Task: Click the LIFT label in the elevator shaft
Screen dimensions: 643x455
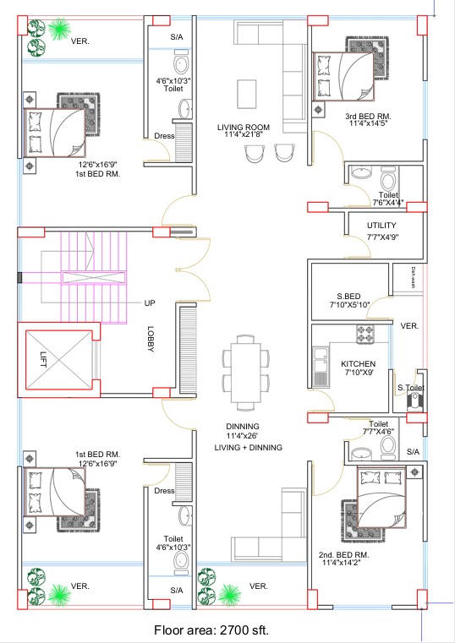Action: [44, 359]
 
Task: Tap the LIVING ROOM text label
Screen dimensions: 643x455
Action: [243, 127]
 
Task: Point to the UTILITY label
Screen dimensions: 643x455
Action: [381, 226]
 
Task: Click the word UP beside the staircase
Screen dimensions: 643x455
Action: [149, 302]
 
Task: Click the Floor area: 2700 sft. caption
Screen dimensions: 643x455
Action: [211, 629]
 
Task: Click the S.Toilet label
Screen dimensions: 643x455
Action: [411, 387]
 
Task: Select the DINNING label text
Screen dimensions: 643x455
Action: [242, 426]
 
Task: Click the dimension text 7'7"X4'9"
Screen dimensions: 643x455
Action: [381, 237]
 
